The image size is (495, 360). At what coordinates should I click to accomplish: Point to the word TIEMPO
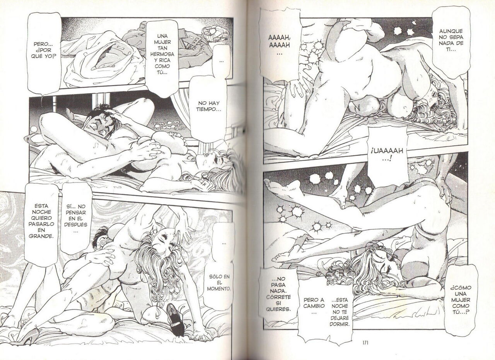pyautogui.click(x=208, y=109)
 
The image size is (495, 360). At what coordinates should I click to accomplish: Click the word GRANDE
pyautogui.click(x=41, y=236)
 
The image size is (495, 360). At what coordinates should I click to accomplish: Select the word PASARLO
pyautogui.click(x=41, y=224)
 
